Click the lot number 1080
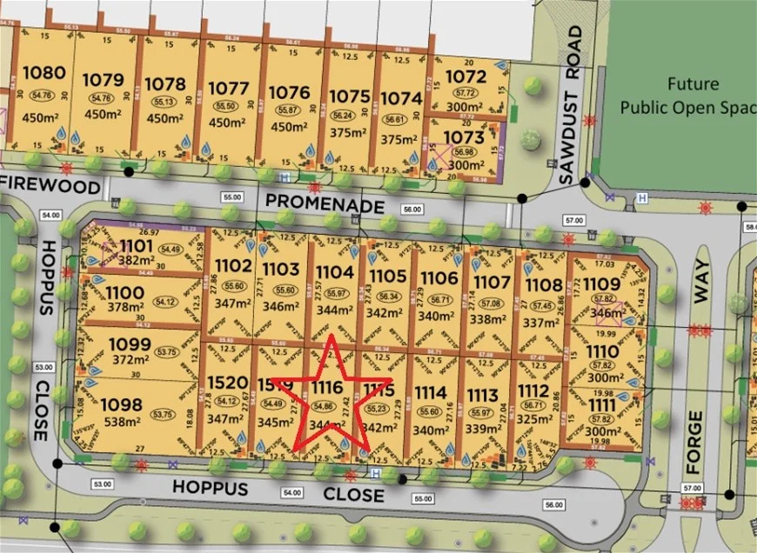[x=44, y=73]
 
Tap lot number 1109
[x=602, y=282]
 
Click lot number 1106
[x=439, y=277]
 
